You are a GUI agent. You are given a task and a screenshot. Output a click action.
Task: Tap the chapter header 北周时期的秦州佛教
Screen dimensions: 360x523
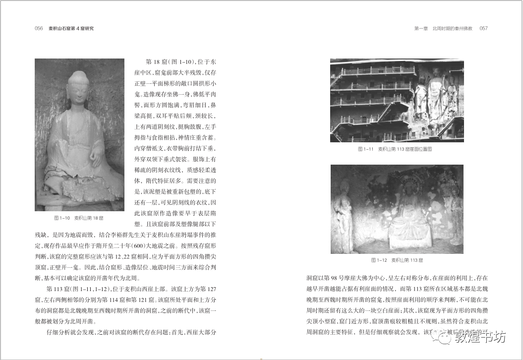[x=453, y=28]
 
